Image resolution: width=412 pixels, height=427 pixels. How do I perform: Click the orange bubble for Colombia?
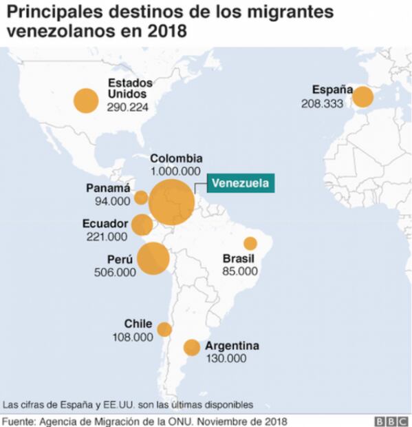172,202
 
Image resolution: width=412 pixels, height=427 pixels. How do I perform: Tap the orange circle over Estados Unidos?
85,101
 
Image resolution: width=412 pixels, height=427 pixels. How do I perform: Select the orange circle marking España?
363,97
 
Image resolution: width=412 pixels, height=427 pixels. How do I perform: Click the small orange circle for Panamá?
140,198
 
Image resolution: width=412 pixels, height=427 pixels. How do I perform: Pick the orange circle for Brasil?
250,243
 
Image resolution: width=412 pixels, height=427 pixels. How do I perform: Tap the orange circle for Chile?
164,329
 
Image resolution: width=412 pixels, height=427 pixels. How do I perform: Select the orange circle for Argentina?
192,348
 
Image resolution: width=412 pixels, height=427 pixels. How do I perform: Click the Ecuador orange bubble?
142,225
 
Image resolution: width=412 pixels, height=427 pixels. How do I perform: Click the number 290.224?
128,107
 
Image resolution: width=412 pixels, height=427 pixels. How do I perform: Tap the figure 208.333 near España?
323,103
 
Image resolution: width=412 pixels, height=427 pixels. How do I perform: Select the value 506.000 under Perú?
114,273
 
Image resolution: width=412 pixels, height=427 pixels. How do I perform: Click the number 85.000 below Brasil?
240,271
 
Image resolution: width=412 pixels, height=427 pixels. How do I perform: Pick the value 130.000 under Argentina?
225,358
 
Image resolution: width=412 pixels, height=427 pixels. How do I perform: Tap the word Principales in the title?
52,12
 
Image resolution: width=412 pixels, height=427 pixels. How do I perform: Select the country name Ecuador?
105,224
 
